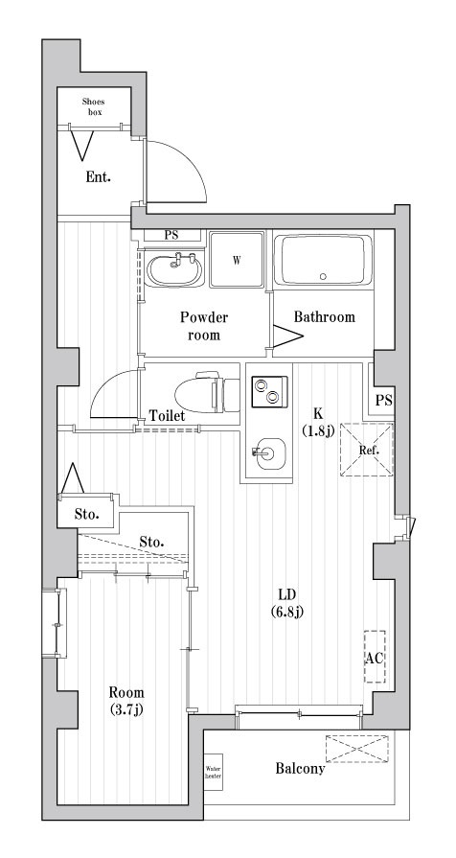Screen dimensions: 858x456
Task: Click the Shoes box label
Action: [93, 105]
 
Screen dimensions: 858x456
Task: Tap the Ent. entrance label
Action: [98, 177]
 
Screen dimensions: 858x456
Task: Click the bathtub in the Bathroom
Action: [323, 260]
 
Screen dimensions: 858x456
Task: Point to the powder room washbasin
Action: [175, 267]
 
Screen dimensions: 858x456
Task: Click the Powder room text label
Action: [204, 326]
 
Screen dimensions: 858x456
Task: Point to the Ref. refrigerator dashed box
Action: [369, 449]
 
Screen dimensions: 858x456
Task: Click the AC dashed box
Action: [375, 657]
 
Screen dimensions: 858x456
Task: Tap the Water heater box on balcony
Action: [213, 772]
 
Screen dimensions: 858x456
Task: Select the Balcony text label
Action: [300, 768]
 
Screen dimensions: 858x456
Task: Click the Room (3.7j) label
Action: [125, 701]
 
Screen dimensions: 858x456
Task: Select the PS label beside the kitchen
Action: [383, 400]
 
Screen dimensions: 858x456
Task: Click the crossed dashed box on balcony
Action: [356, 747]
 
